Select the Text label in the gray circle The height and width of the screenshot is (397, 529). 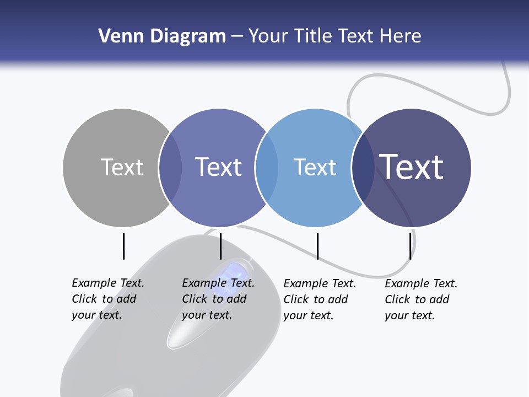[122, 167]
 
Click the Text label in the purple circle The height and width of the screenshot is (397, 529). [218, 167]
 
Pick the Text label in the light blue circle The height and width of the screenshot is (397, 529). [315, 167]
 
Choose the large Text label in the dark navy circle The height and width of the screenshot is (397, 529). [412, 167]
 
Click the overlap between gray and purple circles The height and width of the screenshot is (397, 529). [170, 167]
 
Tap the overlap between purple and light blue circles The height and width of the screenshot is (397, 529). [267, 167]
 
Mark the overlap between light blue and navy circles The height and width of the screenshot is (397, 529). [363, 167]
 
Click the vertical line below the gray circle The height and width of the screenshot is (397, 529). [123, 246]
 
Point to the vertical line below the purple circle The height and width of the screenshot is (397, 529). [220, 246]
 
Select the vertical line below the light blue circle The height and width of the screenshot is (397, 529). [317, 246]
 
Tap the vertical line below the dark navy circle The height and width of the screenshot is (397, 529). [411, 246]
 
